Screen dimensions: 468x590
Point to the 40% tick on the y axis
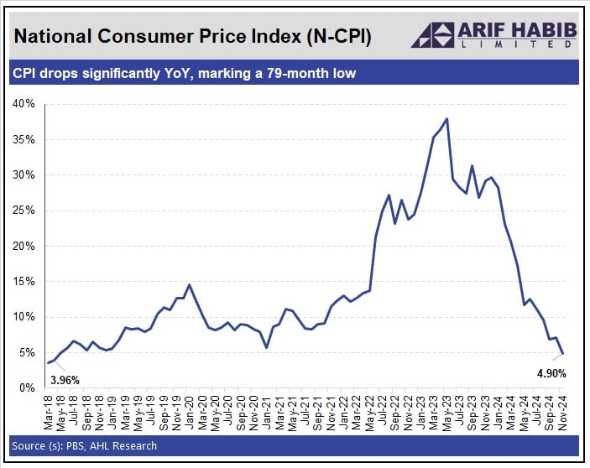(x=23, y=104)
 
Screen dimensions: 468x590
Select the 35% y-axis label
(x=23, y=139)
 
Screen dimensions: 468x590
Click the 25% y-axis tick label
(x=23, y=211)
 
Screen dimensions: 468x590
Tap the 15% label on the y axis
(x=23, y=282)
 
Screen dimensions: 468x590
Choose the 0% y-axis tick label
(x=26, y=388)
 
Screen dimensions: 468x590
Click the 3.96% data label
(x=64, y=380)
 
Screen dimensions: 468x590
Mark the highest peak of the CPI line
(x=446, y=118)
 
